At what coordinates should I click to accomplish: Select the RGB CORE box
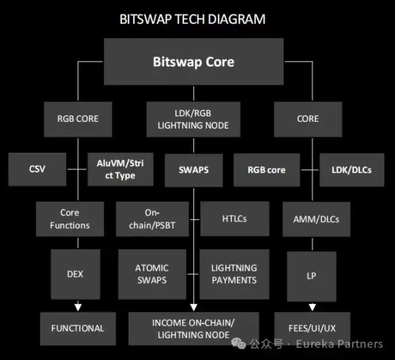78,118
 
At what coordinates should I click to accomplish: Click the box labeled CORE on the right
308,118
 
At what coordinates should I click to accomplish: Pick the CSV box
37,169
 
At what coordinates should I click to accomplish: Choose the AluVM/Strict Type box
120,169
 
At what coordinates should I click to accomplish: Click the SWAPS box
193,169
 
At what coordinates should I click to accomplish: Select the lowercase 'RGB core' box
267,169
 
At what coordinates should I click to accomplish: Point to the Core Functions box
70,219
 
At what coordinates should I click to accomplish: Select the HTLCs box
235,219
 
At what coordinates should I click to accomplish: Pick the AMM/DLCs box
317,219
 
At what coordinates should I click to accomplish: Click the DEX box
75,274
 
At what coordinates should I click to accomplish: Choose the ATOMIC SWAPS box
152,274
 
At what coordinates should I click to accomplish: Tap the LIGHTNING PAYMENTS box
233,274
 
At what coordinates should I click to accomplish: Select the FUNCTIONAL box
78,328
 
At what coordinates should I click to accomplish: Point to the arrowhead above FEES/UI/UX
312,307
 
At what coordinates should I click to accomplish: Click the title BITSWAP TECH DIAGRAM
193,19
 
